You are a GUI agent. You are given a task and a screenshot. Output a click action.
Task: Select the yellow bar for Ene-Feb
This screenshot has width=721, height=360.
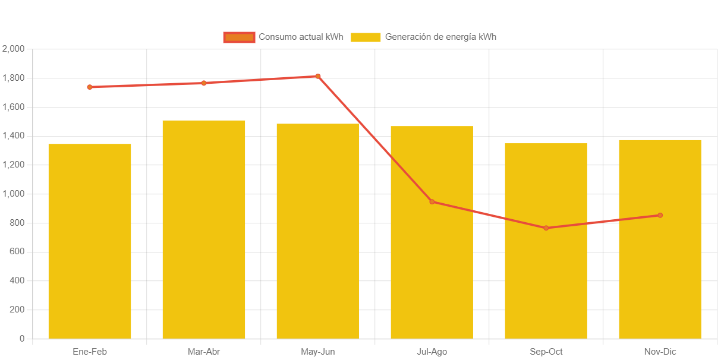pyautogui.click(x=90, y=241)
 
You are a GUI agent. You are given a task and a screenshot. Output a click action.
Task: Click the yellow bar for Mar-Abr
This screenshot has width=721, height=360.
pyautogui.click(x=204, y=229)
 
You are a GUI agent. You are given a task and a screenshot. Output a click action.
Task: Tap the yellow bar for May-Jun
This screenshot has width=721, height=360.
pyautogui.click(x=318, y=230)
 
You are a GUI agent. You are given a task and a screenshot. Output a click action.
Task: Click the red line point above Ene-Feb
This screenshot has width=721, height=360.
pyautogui.click(x=90, y=87)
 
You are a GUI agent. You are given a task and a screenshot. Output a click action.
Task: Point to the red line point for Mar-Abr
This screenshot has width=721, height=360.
pyautogui.click(x=204, y=83)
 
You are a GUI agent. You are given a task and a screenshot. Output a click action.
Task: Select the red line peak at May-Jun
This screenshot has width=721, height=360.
pyautogui.click(x=318, y=76)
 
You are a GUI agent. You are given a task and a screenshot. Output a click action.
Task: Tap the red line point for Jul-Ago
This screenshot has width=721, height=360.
pyautogui.click(x=432, y=202)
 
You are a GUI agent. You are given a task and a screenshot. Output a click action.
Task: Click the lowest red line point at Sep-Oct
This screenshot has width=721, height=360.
pyautogui.click(x=546, y=228)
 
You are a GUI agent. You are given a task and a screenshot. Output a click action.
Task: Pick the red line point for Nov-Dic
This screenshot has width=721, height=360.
pyautogui.click(x=660, y=215)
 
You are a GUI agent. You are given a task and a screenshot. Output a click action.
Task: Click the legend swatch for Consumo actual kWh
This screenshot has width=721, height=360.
pyautogui.click(x=239, y=37)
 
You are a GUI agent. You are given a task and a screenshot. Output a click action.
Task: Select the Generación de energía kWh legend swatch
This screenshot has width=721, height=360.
pyautogui.click(x=366, y=37)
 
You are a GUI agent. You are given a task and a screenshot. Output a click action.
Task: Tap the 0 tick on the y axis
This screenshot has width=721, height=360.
pyautogui.click(x=22, y=339)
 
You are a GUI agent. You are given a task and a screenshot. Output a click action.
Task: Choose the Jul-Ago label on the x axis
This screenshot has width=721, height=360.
pyautogui.click(x=432, y=352)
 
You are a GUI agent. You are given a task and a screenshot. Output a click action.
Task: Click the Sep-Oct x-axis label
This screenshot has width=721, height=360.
pyautogui.click(x=546, y=352)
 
